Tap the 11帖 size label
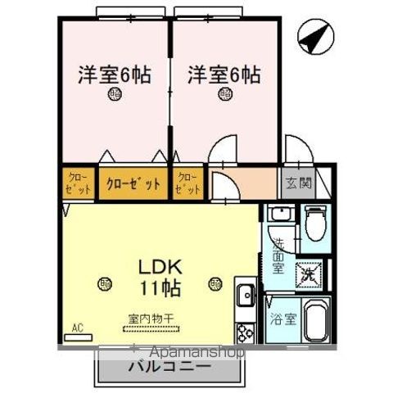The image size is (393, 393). pyautogui.click(x=153, y=289)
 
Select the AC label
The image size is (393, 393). pyautogui.click(x=78, y=330)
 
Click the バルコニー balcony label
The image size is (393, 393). pyautogui.click(x=169, y=368)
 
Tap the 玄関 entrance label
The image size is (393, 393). pyautogui.click(x=298, y=183)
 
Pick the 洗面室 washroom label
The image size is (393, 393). pyautogui.click(x=278, y=255)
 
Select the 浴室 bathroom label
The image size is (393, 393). pyautogui.click(x=278, y=314)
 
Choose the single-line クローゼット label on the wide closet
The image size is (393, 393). pyautogui.click(x=133, y=183)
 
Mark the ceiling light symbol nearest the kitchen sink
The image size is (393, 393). pyautogui.click(x=215, y=283)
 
